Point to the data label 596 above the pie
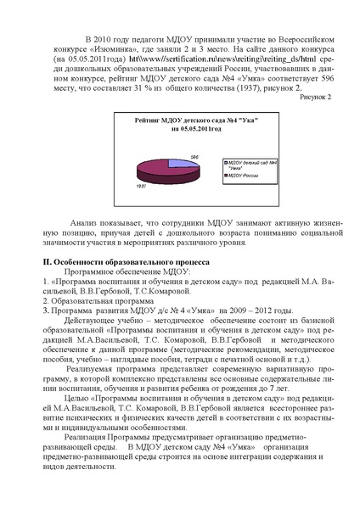coord(194,154)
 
